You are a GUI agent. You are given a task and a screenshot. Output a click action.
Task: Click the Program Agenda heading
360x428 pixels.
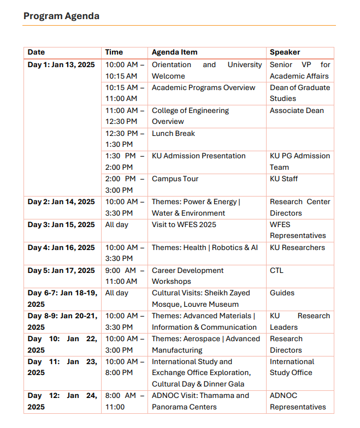click(x=61, y=16)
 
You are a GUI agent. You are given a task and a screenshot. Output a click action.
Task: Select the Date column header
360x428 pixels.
click(x=36, y=52)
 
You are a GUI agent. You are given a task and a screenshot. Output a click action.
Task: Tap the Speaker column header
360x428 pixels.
click(x=285, y=52)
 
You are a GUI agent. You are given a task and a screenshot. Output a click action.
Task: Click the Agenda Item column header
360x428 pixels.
click(x=174, y=52)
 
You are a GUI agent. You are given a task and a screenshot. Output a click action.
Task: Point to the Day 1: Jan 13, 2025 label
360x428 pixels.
click(x=61, y=65)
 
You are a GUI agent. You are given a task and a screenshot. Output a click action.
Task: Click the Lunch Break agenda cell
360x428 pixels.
click(x=173, y=133)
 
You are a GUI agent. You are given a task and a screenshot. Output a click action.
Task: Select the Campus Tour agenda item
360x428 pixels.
click(x=175, y=179)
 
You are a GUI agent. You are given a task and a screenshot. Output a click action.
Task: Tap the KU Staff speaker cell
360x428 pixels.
click(x=284, y=179)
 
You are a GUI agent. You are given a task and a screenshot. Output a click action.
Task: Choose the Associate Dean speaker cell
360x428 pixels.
click(x=297, y=111)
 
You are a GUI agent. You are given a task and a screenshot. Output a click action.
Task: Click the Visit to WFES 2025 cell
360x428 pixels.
click(x=184, y=224)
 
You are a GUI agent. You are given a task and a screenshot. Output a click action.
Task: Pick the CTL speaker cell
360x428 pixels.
click(x=276, y=270)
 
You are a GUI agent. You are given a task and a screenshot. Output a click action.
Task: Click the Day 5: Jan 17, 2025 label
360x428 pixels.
click(x=61, y=270)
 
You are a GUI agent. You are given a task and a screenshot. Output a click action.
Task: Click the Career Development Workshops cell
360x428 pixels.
click(x=187, y=276)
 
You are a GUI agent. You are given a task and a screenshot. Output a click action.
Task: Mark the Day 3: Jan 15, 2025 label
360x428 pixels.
click(x=61, y=224)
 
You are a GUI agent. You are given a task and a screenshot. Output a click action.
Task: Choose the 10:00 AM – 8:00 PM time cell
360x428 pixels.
click(x=125, y=367)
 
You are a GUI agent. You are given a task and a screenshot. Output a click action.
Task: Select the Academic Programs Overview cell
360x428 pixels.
click(x=203, y=88)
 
